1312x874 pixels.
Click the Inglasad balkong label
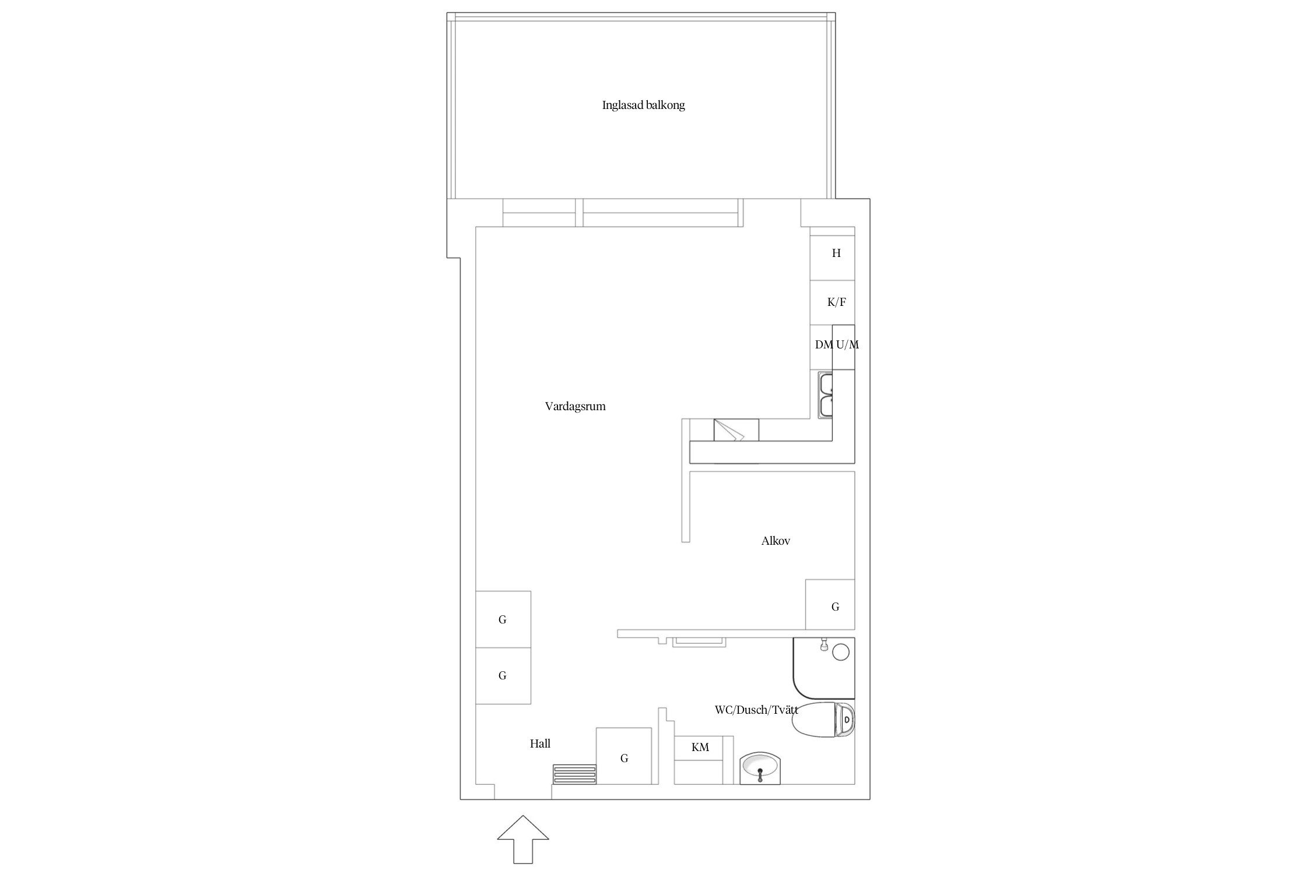tap(643, 105)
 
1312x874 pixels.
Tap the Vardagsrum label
tap(575, 407)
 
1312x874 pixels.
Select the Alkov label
tap(776, 541)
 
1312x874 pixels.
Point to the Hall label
tap(540, 743)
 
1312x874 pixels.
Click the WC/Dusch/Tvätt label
tap(756, 710)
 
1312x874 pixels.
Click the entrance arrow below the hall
tap(523, 839)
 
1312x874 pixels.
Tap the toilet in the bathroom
tap(823, 720)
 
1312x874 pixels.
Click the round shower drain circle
tap(840, 651)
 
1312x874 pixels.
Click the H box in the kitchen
tap(833, 258)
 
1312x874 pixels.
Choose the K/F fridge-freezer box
tap(833, 303)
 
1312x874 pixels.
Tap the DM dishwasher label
tap(823, 345)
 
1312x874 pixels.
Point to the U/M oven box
tap(844, 347)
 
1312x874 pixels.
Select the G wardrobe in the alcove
tap(830, 604)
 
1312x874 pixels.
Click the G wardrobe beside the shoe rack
tap(624, 756)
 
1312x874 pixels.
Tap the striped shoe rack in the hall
tap(575, 774)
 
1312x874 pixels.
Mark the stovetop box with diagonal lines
tap(736, 430)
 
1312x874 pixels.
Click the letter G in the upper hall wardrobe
tap(502, 620)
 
